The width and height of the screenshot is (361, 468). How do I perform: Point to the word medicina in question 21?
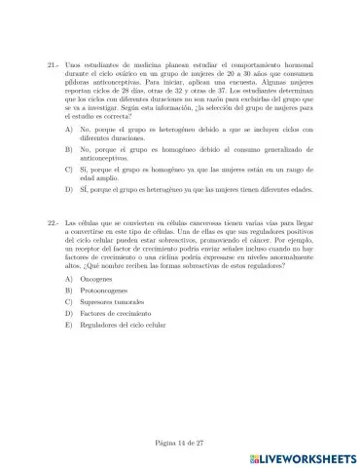(x=144, y=68)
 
